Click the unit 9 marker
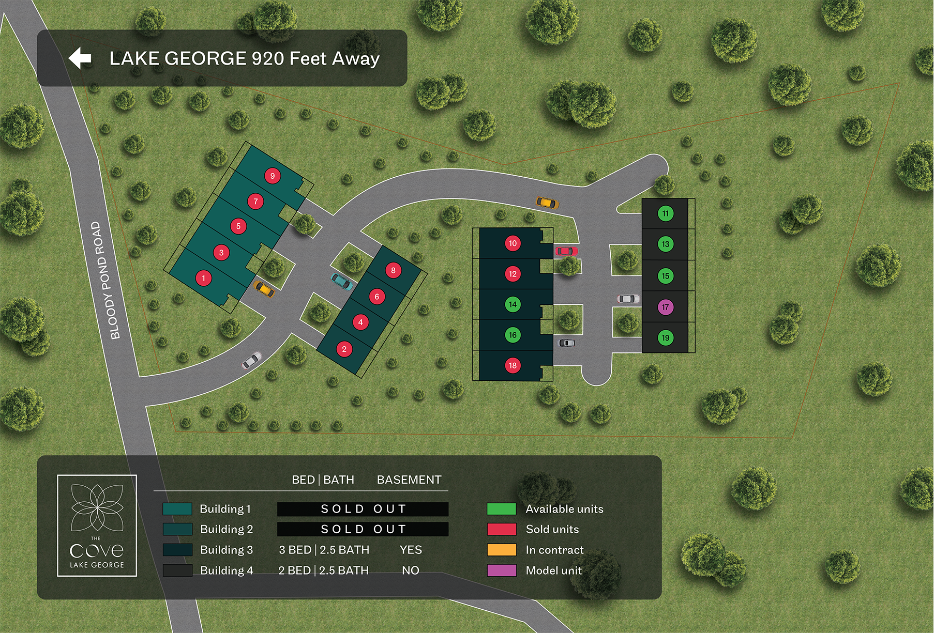tap(273, 176)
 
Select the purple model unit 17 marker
tap(665, 307)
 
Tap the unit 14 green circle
tap(513, 304)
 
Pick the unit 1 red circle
tap(203, 278)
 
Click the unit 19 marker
tap(665, 338)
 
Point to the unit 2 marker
tap(344, 349)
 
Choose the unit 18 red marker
tap(513, 365)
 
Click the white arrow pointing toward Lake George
tap(80, 58)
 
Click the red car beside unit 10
tap(566, 251)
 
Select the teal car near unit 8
tap(341, 282)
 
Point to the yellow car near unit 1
tap(264, 289)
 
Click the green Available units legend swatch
tap(501, 509)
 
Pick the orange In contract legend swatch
tap(501, 550)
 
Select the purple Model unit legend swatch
tap(501, 570)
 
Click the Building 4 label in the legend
tap(226, 570)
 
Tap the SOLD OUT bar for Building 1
tap(363, 509)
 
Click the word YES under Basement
tap(411, 550)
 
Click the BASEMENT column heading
tap(409, 480)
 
